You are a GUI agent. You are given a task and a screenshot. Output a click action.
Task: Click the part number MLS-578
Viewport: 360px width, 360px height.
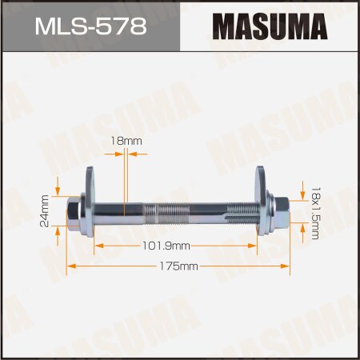point(90,27)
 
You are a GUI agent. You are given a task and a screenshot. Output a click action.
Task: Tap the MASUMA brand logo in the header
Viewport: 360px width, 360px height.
point(270,27)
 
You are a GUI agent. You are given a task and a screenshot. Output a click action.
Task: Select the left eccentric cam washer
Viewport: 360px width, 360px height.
point(88,199)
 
